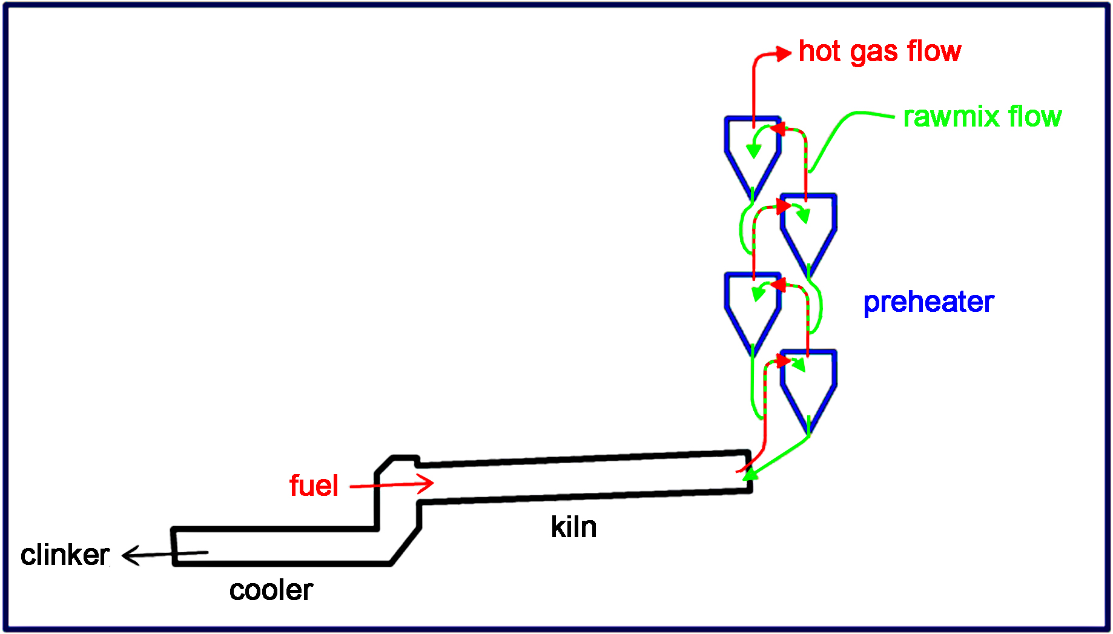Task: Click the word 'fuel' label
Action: tap(314, 486)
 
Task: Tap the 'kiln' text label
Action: tap(573, 527)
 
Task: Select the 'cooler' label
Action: tap(271, 590)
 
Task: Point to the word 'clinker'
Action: tap(65, 555)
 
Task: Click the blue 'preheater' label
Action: tap(928, 302)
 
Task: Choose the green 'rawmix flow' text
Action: tap(982, 116)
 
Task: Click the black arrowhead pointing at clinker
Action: tap(130, 555)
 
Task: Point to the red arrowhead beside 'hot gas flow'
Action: tap(784, 53)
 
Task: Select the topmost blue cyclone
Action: tap(753, 151)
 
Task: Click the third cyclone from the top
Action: tap(753, 309)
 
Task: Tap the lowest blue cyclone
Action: tap(808, 386)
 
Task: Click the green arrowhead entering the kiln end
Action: tap(751, 473)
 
